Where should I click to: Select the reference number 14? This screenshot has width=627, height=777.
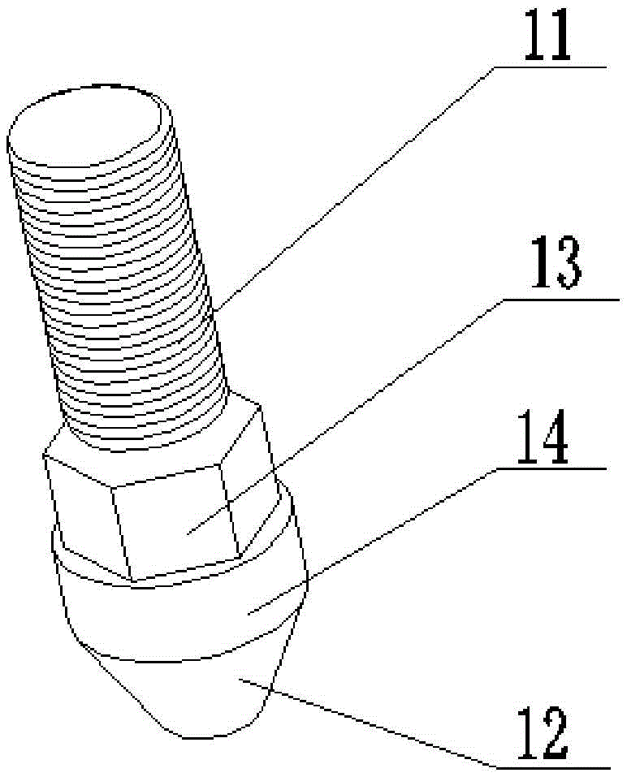543,437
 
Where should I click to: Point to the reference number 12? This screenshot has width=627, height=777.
543,735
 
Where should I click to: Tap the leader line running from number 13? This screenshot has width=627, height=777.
344,417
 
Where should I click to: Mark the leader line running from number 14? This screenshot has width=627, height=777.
371,542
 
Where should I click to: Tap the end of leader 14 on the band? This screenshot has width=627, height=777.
248,615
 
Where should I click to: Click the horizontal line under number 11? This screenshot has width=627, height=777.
550,67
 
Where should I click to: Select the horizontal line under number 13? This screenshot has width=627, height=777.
560,300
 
